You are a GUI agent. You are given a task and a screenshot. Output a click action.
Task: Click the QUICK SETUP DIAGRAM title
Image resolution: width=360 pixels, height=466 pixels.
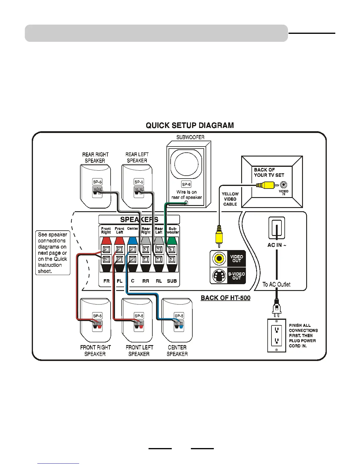click(x=190, y=126)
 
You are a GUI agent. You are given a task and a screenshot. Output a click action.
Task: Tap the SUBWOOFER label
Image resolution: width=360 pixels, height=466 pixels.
click(x=190, y=137)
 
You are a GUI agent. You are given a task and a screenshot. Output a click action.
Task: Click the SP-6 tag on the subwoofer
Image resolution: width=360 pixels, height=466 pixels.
click(x=186, y=184)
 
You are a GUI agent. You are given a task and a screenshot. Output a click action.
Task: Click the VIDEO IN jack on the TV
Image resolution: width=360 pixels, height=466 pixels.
click(x=284, y=185)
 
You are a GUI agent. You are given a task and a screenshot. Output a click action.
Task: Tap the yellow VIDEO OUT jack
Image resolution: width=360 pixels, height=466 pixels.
click(x=219, y=259)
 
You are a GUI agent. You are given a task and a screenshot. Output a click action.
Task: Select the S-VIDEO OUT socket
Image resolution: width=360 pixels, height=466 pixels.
click(x=219, y=276)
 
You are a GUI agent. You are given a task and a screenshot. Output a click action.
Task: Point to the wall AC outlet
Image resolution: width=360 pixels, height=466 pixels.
click(x=276, y=335)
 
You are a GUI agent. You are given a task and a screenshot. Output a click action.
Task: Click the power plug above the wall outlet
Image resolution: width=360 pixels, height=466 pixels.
click(x=276, y=307)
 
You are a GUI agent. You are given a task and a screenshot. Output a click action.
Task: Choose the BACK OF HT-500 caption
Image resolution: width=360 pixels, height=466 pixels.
click(x=226, y=298)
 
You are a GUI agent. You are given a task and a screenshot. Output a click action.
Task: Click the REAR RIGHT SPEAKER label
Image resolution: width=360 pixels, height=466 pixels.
click(x=95, y=158)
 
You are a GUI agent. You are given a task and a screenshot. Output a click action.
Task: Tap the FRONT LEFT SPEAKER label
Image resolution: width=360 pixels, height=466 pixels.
click(x=139, y=351)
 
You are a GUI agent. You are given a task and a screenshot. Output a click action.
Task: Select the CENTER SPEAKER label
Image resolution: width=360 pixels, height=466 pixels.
click(x=177, y=351)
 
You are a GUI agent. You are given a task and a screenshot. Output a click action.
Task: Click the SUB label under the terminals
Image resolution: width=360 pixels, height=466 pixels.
click(x=172, y=281)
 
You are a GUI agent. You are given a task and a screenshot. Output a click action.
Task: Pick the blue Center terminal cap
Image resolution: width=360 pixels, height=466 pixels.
click(x=133, y=241)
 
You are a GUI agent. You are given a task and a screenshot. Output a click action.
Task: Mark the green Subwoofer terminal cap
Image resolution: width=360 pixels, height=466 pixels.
click(x=172, y=241)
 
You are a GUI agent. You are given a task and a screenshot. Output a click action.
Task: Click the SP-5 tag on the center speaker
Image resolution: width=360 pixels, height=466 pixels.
click(x=179, y=316)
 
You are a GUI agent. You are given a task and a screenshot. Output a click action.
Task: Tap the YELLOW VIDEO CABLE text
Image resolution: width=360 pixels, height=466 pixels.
click(x=230, y=199)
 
